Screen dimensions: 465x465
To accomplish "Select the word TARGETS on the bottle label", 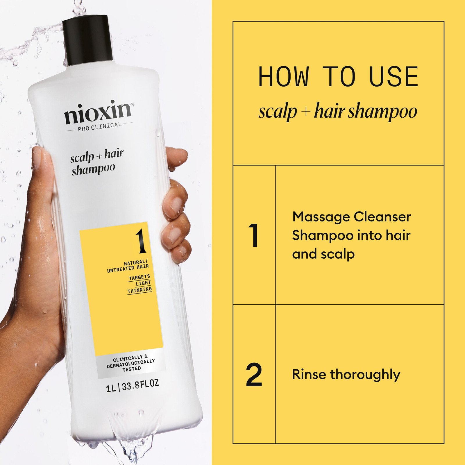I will click(139, 277).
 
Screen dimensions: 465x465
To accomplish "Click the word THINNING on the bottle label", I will click(139, 290).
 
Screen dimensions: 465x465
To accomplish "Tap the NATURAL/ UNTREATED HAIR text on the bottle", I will click(128, 266).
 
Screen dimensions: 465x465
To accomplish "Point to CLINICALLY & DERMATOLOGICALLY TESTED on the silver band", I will click(131, 363).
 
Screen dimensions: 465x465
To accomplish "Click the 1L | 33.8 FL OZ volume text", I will click(133, 386).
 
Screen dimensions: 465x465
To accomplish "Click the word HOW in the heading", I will click(283, 77).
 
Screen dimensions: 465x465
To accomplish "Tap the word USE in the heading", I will click(394, 77).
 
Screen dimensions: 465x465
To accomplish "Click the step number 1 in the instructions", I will click(254, 235).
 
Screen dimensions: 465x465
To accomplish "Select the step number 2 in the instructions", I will click(254, 375).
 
